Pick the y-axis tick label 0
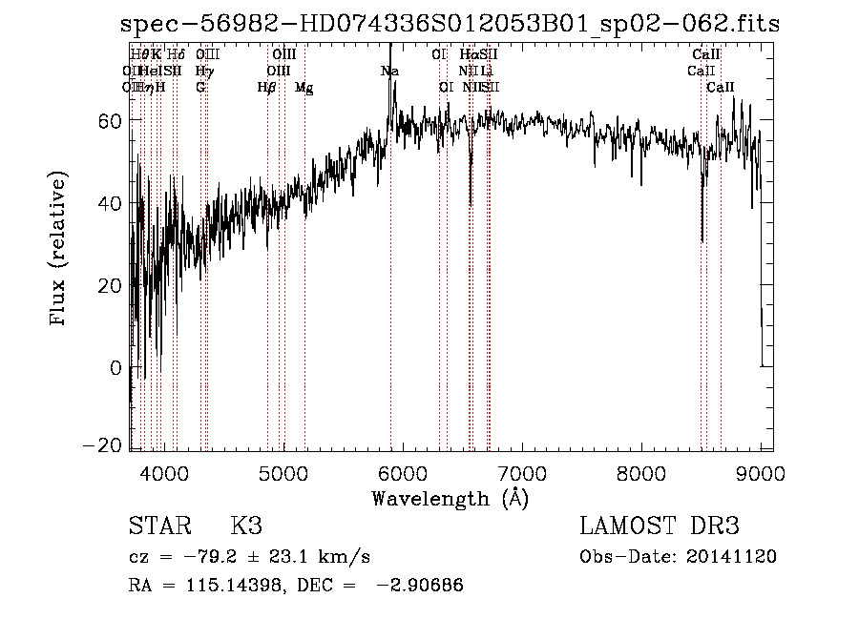click(115, 367)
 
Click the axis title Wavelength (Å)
click(450, 498)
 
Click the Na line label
click(389, 71)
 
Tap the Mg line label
click(304, 88)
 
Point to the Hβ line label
click(267, 88)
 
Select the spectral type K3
click(246, 526)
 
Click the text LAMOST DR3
click(660, 526)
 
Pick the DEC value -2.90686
click(420, 585)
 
